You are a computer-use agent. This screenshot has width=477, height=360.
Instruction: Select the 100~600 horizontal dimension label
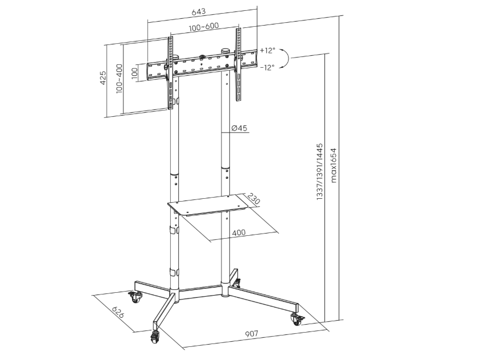point(203,27)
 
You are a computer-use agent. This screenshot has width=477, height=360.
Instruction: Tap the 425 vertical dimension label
point(104,78)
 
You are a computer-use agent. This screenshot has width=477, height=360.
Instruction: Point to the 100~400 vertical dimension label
point(119,79)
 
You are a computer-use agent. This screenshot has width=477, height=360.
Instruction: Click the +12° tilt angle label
point(267,50)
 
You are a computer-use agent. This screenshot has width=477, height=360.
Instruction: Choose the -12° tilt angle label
point(267,67)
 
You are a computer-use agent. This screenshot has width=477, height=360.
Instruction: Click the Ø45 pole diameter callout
point(240,128)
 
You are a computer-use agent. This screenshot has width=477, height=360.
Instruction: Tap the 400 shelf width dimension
point(240,232)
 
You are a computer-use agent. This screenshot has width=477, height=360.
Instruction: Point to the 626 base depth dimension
point(118,313)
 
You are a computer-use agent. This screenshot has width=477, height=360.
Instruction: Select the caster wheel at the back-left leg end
point(135,297)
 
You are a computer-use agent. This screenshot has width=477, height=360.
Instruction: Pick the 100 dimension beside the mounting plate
point(134,73)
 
